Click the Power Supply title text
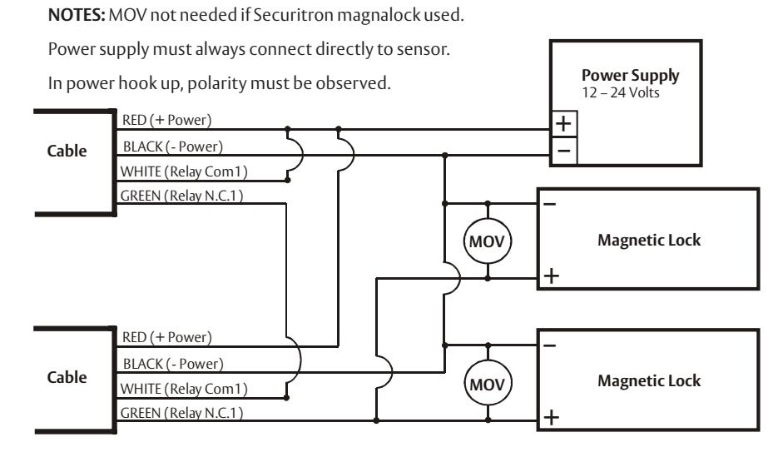pyautogui.click(x=630, y=76)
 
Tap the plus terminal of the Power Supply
pyautogui.click(x=564, y=123)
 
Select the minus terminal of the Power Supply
pyautogui.click(x=564, y=151)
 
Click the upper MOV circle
pyautogui.click(x=488, y=241)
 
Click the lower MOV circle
pyautogui.click(x=488, y=384)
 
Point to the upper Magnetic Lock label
pyautogui.click(x=649, y=241)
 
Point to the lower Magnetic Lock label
pyautogui.click(x=649, y=381)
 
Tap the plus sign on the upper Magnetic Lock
pyautogui.click(x=552, y=276)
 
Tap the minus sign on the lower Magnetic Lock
pyautogui.click(x=550, y=345)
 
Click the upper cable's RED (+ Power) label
pyautogui.click(x=166, y=120)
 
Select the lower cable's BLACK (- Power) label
pyautogui.click(x=173, y=364)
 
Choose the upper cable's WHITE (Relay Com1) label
pyautogui.click(x=184, y=171)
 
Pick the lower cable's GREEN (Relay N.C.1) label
pyautogui.click(x=181, y=413)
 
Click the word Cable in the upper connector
pyautogui.click(x=67, y=151)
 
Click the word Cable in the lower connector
pyautogui.click(x=67, y=377)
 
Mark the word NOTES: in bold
pyautogui.click(x=77, y=15)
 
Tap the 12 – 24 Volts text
pyautogui.click(x=620, y=93)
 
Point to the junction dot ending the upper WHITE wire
pyautogui.click(x=288, y=180)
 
